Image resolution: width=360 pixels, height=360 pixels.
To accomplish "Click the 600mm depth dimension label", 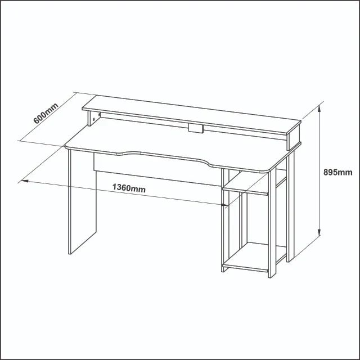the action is pos(46,114).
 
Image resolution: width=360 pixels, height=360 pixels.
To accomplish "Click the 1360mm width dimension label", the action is pos(129,188).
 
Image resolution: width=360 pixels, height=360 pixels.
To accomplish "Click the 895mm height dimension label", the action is pos(337,172).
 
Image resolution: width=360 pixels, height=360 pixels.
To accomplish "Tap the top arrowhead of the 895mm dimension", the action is pos(319,109).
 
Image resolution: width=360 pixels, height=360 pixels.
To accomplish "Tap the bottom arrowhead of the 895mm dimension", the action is pos(319,232).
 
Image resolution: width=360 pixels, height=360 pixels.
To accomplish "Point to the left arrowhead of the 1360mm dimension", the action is pos(25,181).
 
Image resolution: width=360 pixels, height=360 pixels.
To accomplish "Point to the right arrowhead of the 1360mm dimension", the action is pos(224,205).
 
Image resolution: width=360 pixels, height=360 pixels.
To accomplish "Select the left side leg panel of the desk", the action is pos(82,201).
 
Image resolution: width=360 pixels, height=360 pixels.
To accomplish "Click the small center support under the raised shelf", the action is pos(196,129).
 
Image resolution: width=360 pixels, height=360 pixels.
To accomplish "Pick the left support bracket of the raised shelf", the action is pos(94,119).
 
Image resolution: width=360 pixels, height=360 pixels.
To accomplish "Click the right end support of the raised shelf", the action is pos(294,141).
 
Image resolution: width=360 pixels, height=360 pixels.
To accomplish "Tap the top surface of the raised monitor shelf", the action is pos(191,114).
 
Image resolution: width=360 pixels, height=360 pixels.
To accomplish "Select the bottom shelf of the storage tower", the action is pos(254,257).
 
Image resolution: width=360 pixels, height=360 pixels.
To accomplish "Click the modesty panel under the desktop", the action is pos(157,169).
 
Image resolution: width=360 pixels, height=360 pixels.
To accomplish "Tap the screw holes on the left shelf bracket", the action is pos(96,116).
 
